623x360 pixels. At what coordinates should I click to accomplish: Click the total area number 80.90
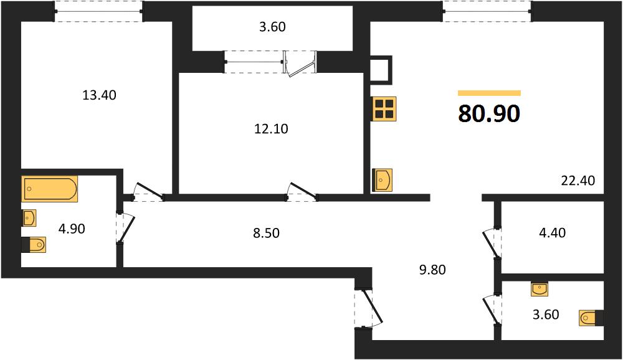(x=489, y=113)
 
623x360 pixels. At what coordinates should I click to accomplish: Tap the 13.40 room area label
(x=99, y=95)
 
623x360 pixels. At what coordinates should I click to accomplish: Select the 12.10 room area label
(x=271, y=129)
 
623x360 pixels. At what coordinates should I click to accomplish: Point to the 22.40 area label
(x=578, y=181)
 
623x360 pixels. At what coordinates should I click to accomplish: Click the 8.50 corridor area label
(x=266, y=233)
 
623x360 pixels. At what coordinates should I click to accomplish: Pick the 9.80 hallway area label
(x=432, y=270)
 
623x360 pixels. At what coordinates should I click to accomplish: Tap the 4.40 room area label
(x=552, y=232)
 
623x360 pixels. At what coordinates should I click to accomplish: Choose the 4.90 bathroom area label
(x=72, y=229)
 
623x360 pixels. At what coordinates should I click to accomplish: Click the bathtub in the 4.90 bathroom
(x=50, y=189)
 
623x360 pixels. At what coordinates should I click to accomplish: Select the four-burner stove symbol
(x=384, y=108)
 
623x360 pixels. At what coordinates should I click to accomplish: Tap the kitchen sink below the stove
(x=383, y=180)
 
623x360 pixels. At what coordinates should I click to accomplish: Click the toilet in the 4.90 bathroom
(x=34, y=244)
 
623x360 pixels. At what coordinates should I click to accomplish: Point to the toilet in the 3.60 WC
(x=592, y=318)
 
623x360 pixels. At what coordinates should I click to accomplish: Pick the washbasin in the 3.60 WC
(x=540, y=289)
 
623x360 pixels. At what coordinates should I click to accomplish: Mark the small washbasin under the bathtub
(x=29, y=218)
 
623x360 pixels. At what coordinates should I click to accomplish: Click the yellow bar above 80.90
(x=489, y=93)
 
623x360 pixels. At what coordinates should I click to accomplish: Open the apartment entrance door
(x=369, y=308)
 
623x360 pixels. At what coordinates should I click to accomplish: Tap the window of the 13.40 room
(x=98, y=12)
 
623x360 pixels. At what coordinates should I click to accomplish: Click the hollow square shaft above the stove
(x=381, y=70)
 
